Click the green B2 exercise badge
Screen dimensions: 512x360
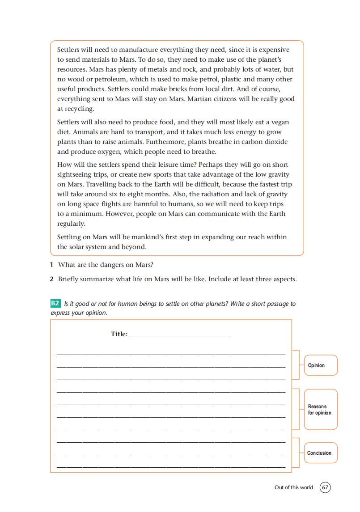(55, 304)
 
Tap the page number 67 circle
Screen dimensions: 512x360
(325, 487)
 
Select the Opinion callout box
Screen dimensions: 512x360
(320, 365)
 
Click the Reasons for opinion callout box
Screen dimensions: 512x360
(320, 410)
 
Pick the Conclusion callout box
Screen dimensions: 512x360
(320, 453)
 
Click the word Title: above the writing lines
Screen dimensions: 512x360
(119, 334)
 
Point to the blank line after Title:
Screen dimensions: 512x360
(180, 334)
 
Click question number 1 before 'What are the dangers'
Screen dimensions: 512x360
(52, 265)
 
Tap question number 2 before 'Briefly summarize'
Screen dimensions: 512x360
(52, 279)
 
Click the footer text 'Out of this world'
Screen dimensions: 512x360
(294, 487)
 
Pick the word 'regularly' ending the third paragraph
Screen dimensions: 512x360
(71, 224)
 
